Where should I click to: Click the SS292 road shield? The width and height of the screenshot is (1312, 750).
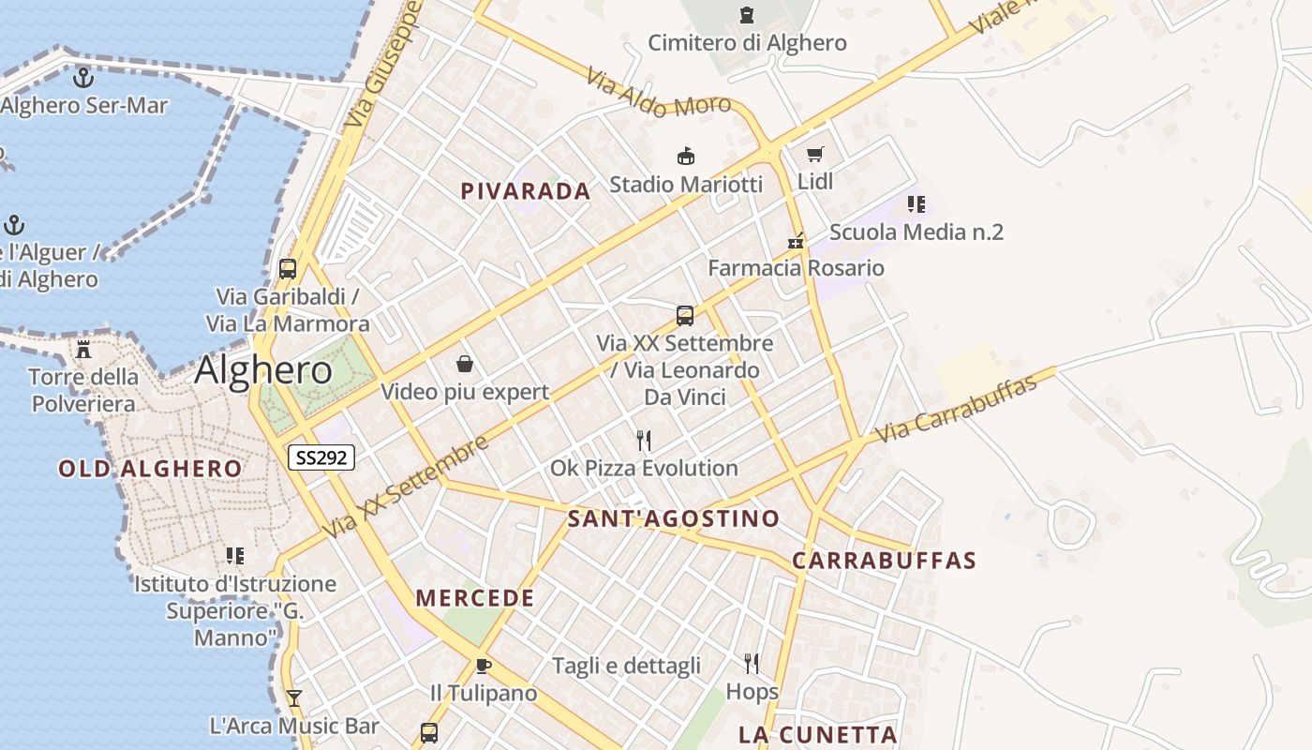321,457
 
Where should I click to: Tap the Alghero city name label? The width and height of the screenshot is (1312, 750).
263,370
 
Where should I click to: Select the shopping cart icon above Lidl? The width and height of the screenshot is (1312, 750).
814,155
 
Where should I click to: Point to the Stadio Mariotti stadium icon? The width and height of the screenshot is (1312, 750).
686,157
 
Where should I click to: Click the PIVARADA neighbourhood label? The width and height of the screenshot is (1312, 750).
526,191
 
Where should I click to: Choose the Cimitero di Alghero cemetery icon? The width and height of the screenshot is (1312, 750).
747,15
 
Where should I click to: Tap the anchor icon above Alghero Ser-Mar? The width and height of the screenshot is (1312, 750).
83,78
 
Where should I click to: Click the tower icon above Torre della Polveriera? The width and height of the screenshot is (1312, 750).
83,351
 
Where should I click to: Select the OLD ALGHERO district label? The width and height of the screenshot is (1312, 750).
150,469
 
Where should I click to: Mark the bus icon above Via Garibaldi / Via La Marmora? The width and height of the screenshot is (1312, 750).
288,269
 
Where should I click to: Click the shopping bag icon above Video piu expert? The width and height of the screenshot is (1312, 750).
464,364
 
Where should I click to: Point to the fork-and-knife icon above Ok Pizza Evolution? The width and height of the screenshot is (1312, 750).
643,441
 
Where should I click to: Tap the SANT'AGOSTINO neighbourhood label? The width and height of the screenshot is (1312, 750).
674,518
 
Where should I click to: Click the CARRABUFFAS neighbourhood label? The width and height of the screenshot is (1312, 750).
884,561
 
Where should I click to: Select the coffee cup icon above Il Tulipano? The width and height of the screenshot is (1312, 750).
483,667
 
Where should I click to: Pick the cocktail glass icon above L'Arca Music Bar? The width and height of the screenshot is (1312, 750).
293,698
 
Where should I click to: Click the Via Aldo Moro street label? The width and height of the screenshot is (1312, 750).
658,93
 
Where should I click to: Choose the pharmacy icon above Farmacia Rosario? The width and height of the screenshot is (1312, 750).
796,241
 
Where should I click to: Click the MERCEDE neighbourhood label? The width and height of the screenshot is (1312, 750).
475,598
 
